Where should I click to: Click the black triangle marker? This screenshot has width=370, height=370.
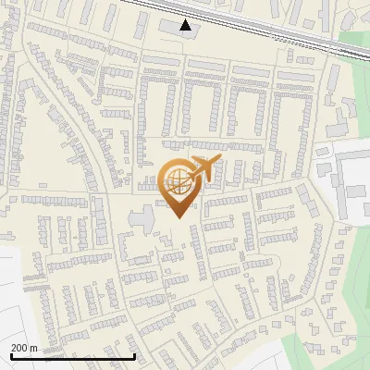pyautogui.click(x=186, y=25)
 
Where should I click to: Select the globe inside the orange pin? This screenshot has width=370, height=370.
pyautogui.click(x=176, y=181)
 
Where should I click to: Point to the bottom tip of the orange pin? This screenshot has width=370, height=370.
pyautogui.click(x=177, y=218)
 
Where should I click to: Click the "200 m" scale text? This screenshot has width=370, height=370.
pyautogui.click(x=23, y=348)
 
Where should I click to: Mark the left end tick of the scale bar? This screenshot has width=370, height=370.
pyautogui.click(x=10, y=355)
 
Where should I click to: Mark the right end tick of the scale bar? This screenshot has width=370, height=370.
pyautogui.click(x=135, y=355)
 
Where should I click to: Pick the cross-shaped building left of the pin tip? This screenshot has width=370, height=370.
pyautogui.click(x=142, y=219)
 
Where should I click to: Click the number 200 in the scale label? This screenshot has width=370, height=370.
pyautogui.click(x=18, y=348)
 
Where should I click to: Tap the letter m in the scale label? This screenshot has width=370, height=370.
pyautogui.click(x=33, y=348)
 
